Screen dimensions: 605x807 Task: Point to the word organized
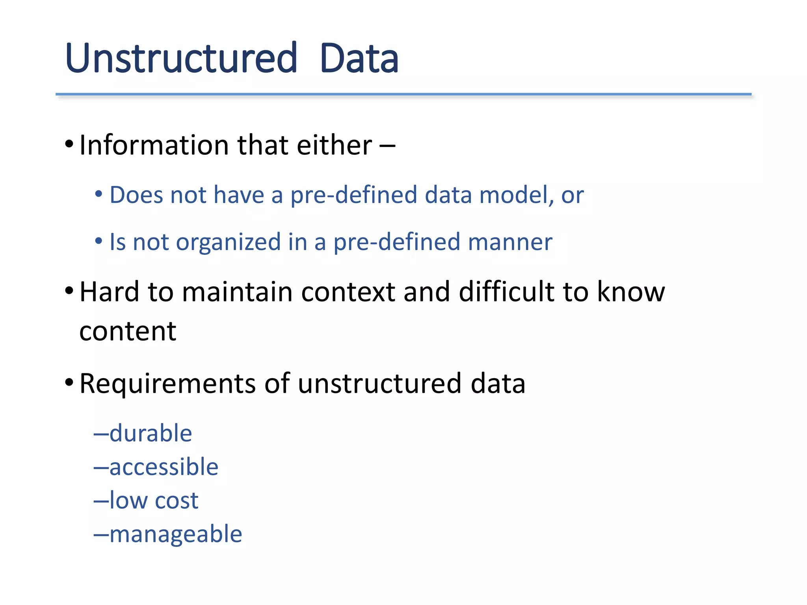pos(228,242)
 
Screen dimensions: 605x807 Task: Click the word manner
pos(510,242)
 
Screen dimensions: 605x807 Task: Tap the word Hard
pos(109,292)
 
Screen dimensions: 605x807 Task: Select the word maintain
pos(237,292)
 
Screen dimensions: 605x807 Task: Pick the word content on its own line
pos(128,331)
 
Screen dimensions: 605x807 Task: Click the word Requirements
pos(167,384)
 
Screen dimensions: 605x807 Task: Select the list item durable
pos(151,433)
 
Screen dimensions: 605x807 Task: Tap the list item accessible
pos(164,467)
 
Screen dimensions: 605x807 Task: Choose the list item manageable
pos(175,535)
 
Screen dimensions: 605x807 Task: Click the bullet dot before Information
pos(69,145)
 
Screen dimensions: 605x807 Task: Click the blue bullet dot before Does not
pos(99,194)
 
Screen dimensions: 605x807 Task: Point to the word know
pos(630,292)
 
